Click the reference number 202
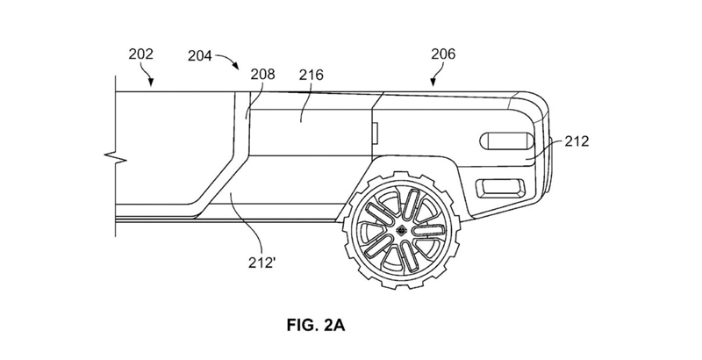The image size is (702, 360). click(x=141, y=54)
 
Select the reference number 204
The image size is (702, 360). click(x=200, y=56)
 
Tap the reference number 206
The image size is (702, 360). click(x=443, y=54)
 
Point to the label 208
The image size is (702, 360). click(x=262, y=74)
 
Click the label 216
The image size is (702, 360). click(x=312, y=75)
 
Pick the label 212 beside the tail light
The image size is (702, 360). click(x=577, y=141)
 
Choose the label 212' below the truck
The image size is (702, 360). click(x=261, y=263)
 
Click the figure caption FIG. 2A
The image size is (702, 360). click(x=316, y=326)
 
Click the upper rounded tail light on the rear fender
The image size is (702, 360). click(x=507, y=141)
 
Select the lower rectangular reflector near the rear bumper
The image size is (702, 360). click(x=500, y=188)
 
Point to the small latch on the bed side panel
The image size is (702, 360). click(x=376, y=134)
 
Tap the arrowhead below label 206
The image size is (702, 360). click(x=433, y=82)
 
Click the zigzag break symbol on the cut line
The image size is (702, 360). click(x=116, y=159)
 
